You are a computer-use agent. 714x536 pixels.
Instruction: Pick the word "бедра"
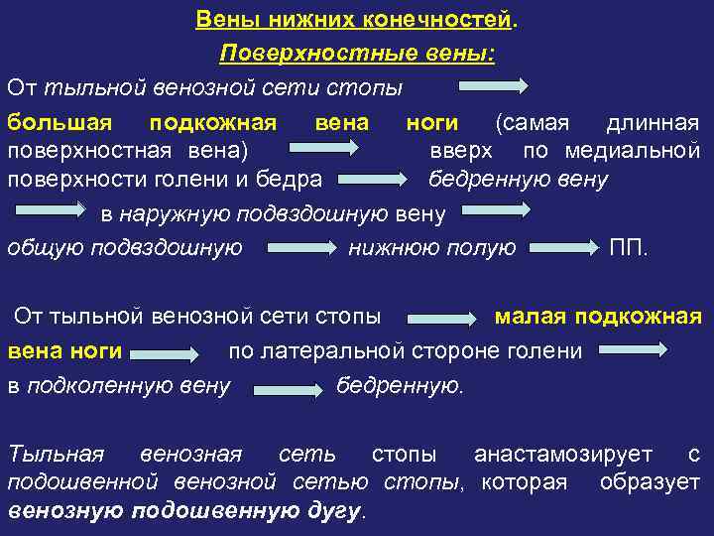pos(295,180)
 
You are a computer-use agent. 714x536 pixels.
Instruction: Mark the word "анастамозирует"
pos(563,455)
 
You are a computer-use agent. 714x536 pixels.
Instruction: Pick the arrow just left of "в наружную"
pos(51,211)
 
